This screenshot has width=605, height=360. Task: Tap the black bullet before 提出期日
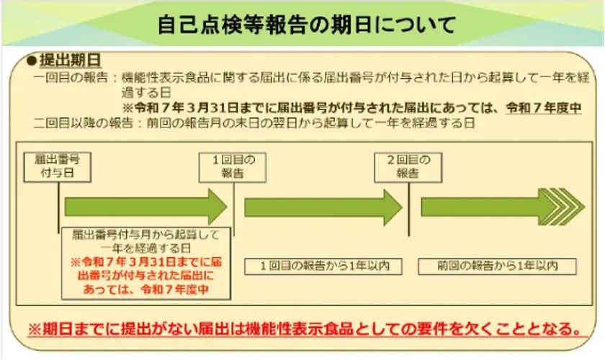pos(32,60)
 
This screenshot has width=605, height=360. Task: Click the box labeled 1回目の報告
pos(228,166)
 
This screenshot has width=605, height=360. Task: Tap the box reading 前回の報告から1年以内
pos(498,266)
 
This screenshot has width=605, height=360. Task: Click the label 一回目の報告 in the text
pos(72,76)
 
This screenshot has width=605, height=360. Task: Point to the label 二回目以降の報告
pos(83,122)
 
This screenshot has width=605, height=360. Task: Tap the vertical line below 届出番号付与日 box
pos(57,205)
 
